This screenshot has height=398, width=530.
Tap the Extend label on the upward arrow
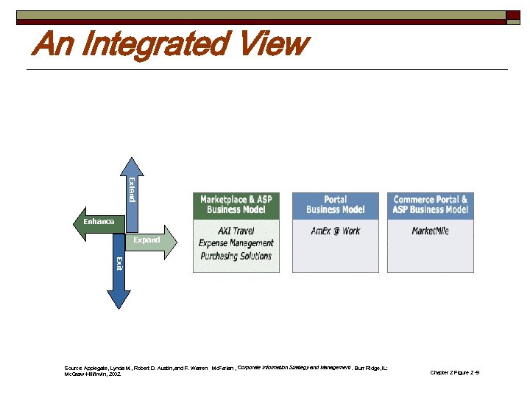pos(131,189)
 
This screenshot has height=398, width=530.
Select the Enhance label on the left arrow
pos(99,222)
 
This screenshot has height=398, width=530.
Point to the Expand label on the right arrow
pos(146,240)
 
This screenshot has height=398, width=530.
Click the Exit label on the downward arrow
pos(119,263)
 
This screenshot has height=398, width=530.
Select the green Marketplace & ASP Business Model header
pos(236,205)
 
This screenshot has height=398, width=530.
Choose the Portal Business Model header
pos(335,205)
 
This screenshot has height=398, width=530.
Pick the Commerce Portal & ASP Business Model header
pos(431,205)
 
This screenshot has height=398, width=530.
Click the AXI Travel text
pos(236,231)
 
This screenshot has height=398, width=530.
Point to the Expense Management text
pos(236,243)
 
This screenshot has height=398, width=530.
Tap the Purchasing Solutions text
pos(236,256)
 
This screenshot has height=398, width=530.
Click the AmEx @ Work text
pos(335,231)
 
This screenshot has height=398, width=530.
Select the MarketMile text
pos(431,231)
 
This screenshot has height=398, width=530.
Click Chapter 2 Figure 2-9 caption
pos(454,373)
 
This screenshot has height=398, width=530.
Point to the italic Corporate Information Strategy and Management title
pos(294,367)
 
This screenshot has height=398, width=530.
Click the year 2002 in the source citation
pos(116,374)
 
